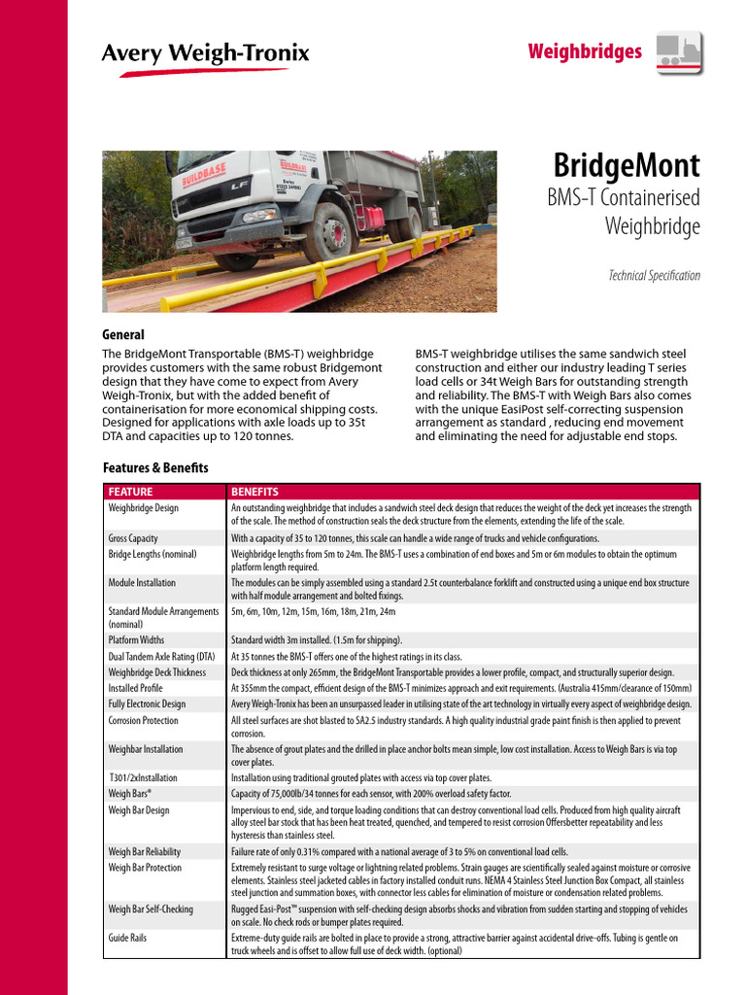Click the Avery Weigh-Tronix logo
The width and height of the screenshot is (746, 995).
[x=205, y=53]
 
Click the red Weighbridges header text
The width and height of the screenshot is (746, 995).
[x=584, y=51]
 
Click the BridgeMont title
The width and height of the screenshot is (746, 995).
[x=626, y=165]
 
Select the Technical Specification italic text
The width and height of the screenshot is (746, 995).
[x=654, y=276]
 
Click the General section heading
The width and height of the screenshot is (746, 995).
[x=123, y=335]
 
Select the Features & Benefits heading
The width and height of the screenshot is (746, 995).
[x=155, y=468]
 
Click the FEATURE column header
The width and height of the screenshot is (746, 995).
[x=130, y=492]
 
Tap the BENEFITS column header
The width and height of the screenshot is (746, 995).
[x=254, y=492]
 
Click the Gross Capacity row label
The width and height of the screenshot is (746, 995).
[x=133, y=538]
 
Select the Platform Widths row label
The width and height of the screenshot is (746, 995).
[x=136, y=641]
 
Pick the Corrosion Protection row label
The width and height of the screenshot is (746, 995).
[x=144, y=721]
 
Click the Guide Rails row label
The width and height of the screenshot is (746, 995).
[x=128, y=939]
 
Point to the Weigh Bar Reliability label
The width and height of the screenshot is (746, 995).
[x=144, y=852]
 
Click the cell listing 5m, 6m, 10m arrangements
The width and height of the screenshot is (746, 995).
[x=313, y=613]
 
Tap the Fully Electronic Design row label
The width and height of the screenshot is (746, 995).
[x=147, y=704]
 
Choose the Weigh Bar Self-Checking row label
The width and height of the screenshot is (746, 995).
[x=151, y=909]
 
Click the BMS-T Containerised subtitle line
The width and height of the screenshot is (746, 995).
[x=625, y=198]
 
